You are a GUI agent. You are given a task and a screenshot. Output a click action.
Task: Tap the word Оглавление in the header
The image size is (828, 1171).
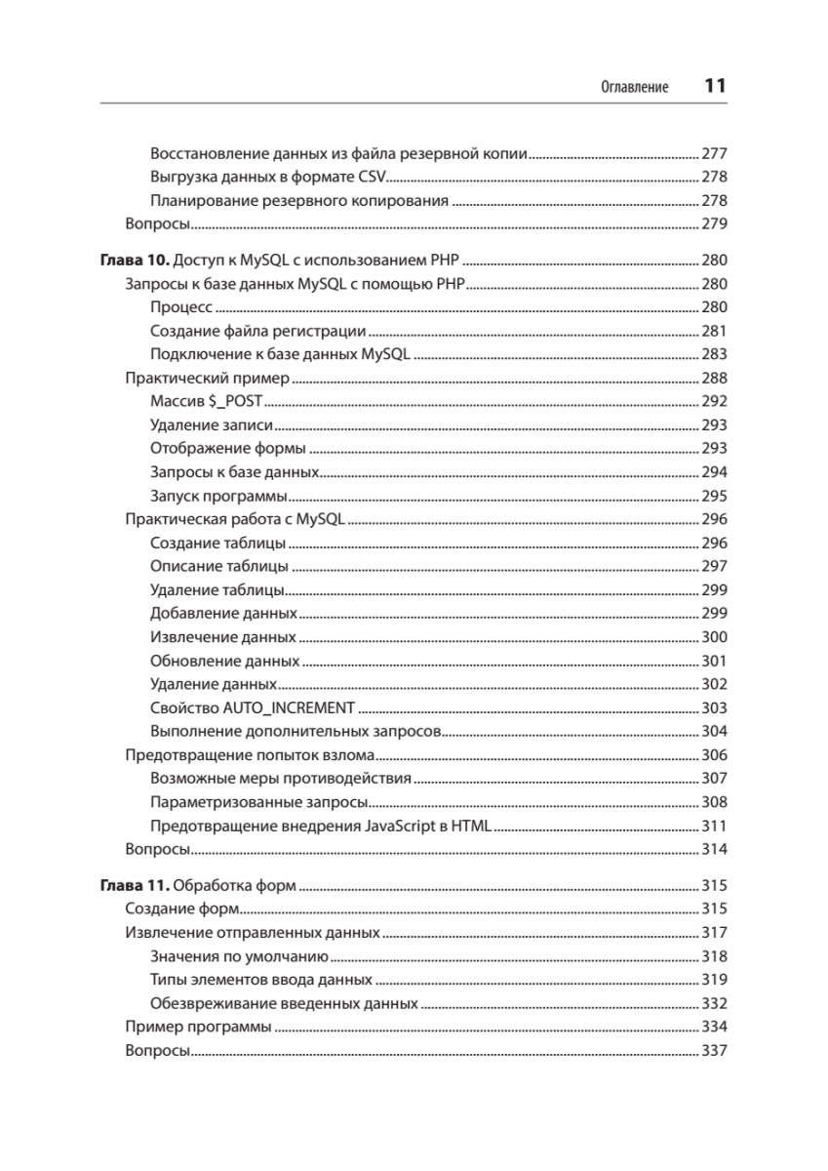coord(635,88)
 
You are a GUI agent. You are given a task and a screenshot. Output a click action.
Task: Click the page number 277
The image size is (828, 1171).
coord(715,153)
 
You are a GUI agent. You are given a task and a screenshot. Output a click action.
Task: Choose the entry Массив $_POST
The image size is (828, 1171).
coord(208,402)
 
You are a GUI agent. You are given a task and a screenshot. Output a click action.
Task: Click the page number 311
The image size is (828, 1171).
coord(715,827)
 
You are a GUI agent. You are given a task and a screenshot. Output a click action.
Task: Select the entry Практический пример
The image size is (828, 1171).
coord(209,379)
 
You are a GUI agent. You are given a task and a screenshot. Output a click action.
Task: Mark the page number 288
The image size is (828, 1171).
coord(715,379)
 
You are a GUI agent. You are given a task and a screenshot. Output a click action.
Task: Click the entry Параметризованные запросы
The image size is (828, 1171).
coord(259,803)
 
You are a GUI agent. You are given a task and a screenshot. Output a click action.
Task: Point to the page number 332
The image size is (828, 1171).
coord(715,1003)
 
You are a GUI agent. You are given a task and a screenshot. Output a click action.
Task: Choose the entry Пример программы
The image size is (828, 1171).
coord(199,1027)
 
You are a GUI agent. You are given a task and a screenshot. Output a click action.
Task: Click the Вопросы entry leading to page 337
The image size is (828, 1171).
coord(158,1051)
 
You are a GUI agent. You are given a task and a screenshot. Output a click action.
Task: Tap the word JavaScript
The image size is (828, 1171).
coord(400,827)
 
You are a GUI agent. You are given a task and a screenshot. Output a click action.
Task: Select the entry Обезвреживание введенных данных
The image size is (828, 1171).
coord(285,1003)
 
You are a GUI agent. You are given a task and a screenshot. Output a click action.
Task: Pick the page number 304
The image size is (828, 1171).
coord(715,731)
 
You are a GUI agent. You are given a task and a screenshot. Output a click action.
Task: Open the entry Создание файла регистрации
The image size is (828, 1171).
coord(258,331)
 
